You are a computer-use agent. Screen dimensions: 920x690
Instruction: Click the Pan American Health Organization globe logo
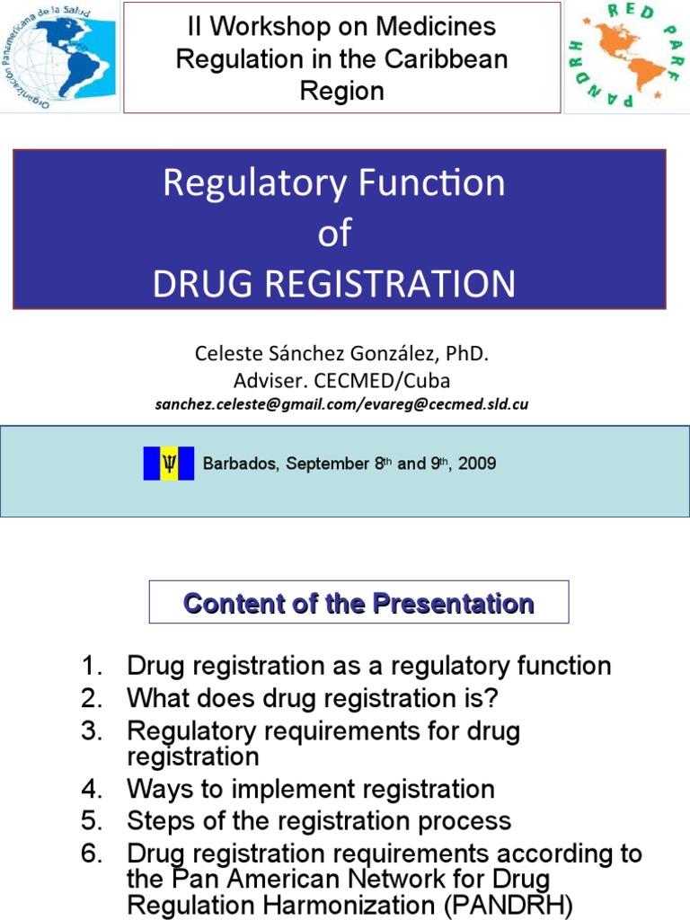pos(59,56)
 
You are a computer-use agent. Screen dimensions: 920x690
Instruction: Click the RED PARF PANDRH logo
pos(626,56)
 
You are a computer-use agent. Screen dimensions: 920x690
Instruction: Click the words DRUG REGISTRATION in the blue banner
pos(334,284)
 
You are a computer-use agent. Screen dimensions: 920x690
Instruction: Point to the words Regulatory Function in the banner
pos(334,183)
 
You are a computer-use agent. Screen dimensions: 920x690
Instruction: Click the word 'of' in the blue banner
pos(334,234)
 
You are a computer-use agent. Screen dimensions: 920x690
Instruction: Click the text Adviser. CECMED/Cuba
pos(341,380)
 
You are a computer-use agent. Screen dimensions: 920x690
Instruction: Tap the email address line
pos(341,404)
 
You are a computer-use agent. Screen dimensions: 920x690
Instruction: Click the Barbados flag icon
pos(169,464)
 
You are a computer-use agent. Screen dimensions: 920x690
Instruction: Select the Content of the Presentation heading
pos(358,603)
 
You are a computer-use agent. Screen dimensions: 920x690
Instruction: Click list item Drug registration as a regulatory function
pos(368,666)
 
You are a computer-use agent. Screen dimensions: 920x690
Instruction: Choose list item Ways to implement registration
pos(311,790)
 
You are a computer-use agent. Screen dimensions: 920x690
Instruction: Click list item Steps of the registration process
pos(319,820)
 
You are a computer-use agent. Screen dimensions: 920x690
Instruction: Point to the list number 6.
pos(92,853)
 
